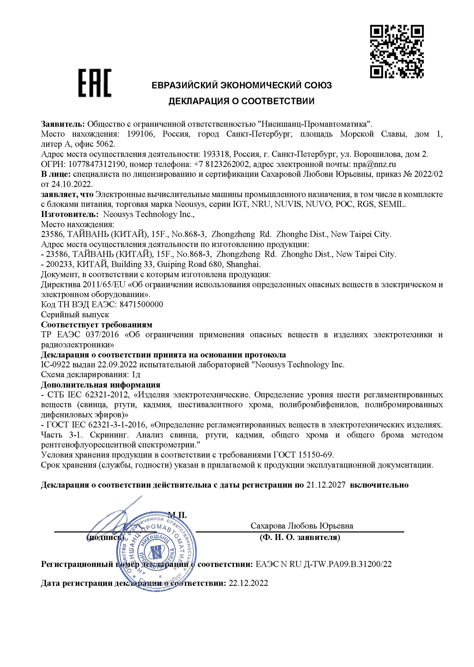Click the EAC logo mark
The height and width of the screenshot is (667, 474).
tap(95, 83)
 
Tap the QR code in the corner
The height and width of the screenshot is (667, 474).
tap(397, 52)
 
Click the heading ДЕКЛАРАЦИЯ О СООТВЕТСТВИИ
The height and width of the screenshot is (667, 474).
tap(241, 101)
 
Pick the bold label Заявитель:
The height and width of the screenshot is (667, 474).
tap(63, 124)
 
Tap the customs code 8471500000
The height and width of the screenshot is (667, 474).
tap(142, 304)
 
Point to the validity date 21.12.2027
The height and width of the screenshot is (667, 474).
tap(326, 485)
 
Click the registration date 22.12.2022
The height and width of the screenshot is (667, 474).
tap(248, 583)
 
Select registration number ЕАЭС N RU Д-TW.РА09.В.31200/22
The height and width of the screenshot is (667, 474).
tap(324, 564)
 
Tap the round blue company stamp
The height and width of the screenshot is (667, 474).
tap(156, 551)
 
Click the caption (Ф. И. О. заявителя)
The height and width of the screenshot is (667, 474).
tap(300, 537)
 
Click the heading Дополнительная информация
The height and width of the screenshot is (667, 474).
tap(100, 385)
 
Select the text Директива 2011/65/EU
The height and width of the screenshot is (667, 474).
tap(83, 284)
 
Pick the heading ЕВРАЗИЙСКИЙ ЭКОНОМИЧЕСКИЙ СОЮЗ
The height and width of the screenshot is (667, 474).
tap(241, 85)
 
